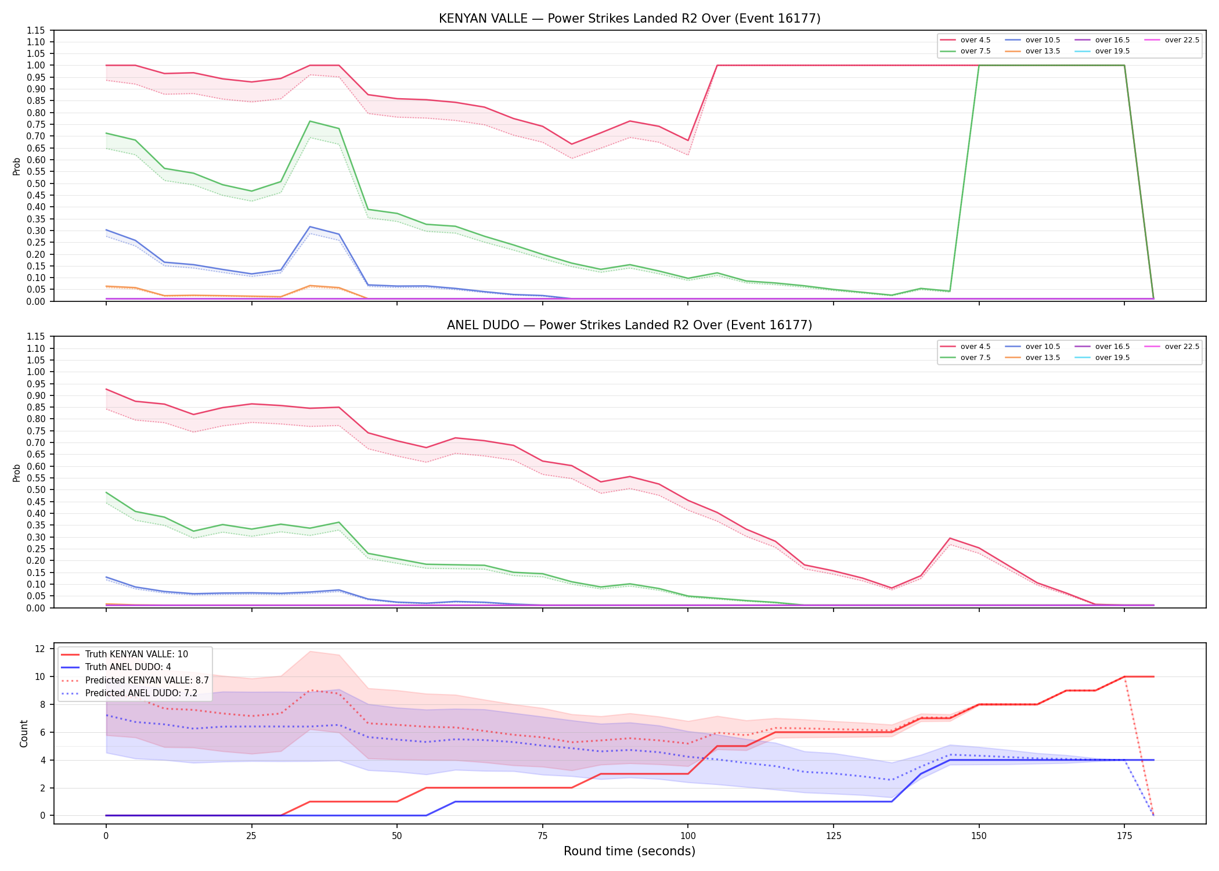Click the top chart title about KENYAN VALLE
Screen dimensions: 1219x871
(x=629, y=19)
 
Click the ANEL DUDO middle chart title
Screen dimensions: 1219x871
(x=629, y=325)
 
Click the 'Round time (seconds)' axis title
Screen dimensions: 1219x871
(x=629, y=851)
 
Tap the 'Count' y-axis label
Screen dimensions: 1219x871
(x=24, y=733)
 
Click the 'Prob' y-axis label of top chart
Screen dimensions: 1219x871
(x=17, y=166)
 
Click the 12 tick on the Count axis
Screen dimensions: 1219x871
(x=40, y=649)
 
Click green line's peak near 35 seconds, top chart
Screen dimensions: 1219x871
(x=310, y=121)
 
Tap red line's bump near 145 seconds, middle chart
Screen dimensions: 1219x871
(x=950, y=538)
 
